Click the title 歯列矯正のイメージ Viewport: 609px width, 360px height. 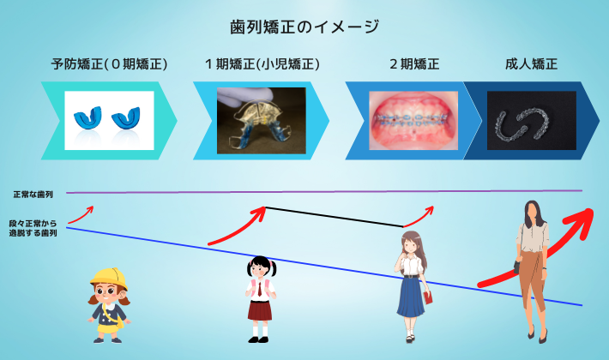[304, 27]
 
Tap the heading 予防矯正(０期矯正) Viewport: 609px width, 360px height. [109, 64]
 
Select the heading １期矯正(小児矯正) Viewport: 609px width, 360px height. [262, 64]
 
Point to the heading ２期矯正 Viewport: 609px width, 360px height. [414, 64]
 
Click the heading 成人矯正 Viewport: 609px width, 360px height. [531, 64]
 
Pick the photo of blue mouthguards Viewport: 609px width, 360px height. [109, 120]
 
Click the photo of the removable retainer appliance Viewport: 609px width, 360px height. [262, 121]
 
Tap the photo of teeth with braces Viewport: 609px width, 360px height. [413, 121]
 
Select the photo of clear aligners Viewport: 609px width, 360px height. [532, 121]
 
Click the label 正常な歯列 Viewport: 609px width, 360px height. [33, 195]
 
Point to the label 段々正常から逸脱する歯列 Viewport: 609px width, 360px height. [33, 229]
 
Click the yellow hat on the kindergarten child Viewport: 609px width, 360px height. [109, 279]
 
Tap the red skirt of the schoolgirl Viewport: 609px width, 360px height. [260, 310]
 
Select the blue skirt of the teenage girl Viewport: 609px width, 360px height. [411, 297]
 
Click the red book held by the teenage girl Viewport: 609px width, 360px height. [429, 298]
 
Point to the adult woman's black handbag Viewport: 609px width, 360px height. [517, 267]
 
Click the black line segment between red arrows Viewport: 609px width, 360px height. [335, 217]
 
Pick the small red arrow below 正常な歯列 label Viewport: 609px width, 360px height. [81, 214]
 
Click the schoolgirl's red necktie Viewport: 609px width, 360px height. [260, 289]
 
